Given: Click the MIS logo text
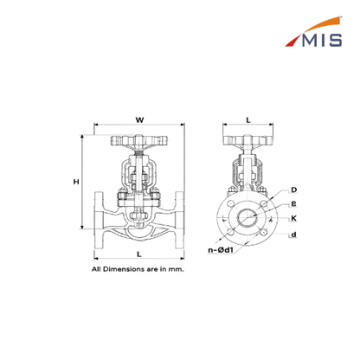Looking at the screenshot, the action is pos(322,40).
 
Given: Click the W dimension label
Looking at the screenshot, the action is pos(139,119).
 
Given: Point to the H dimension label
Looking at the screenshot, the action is pos(76,182).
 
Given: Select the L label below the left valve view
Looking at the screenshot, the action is pos(139,254).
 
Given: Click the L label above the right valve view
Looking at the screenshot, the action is pos(248,120).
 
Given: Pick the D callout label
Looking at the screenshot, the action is pos(293,190).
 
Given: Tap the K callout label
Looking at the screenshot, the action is pos(293,218).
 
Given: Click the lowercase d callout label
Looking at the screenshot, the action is pos(293,235).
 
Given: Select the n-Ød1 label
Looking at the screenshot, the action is pos(221,250).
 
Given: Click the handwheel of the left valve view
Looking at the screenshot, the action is pos(139,140).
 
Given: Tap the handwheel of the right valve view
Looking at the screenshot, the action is pos(247,140).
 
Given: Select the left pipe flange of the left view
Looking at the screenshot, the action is pos(99,220).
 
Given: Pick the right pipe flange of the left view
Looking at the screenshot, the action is pos(179,220).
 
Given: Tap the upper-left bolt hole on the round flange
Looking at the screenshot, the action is pos(230,203).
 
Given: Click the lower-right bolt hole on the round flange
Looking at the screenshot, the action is pos(263,232).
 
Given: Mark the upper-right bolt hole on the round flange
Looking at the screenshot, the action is pos(263,203).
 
